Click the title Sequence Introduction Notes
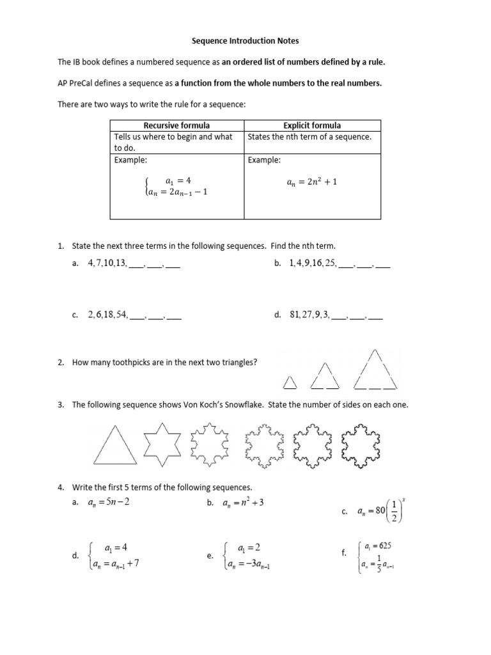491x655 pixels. click(x=245, y=41)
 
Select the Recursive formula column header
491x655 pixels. click(x=176, y=125)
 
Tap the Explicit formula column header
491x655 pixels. click(x=312, y=125)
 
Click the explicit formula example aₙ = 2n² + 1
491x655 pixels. click(x=312, y=182)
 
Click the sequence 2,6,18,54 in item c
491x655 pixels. click(x=108, y=315)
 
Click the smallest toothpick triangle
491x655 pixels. click(x=290, y=382)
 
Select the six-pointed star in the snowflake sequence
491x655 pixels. click(x=164, y=443)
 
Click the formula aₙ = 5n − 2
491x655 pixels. click(x=109, y=503)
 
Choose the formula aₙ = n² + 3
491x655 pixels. click(x=243, y=503)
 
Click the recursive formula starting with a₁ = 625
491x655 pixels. click(x=373, y=557)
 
